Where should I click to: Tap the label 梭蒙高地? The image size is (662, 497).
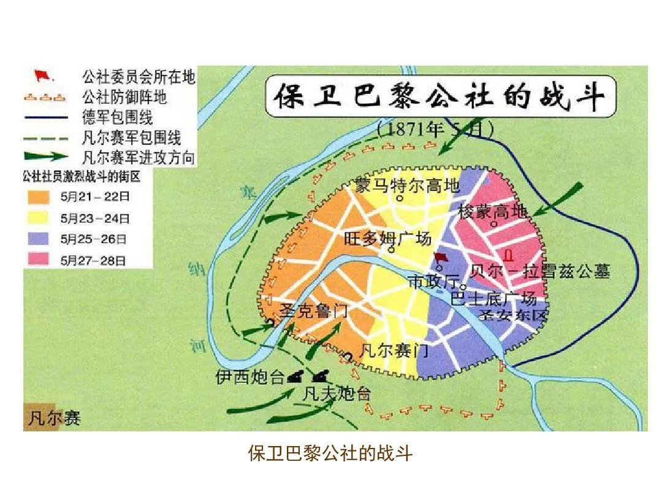[492, 212]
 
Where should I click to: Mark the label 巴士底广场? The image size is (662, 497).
[493, 299]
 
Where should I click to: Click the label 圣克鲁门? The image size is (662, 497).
[313, 310]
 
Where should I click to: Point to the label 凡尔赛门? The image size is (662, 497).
[394, 352]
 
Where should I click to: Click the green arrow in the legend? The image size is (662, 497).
[50, 157]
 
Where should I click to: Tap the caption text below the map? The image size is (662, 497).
[330, 453]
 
